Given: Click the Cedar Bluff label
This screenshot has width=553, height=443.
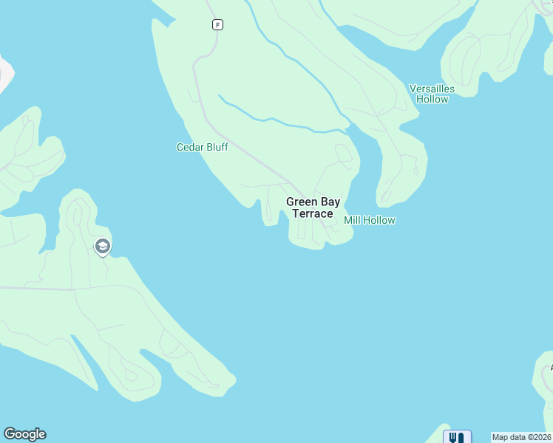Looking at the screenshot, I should point(202,147).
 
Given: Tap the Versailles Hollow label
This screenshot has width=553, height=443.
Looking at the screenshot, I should point(432,94).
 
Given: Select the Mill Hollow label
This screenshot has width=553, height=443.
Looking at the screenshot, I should point(370,220).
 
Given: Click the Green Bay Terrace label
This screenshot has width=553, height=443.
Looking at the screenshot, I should point(313,207).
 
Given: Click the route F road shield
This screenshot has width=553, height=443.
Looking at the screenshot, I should point(217,24).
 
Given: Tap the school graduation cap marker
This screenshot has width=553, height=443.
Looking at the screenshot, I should point(103,246).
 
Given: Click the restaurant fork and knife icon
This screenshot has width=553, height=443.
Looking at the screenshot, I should point(457,437).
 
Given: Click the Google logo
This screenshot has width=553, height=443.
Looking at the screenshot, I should point(24,434).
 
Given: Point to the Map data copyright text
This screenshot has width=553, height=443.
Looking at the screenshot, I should point(522,437).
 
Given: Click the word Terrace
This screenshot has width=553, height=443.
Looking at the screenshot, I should point(313,213).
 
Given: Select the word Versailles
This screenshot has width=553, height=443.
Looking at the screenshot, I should point(432,89).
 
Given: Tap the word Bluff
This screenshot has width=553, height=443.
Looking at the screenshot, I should point(217,147).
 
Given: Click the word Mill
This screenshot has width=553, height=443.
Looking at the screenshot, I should point(353,220).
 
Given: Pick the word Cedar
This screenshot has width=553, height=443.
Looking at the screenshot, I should point(189,147).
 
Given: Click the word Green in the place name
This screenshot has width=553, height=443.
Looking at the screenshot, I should point(302,202).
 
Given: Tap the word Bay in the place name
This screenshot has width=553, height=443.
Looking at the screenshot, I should point(330,202).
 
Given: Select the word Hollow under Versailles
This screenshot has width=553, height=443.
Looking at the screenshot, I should point(432,99).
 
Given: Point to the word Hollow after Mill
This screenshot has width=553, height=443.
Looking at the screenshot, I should point(380,220).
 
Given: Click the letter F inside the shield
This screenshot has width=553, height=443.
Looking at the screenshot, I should point(217,24).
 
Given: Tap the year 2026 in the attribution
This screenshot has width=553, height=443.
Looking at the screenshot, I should point(541,437).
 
